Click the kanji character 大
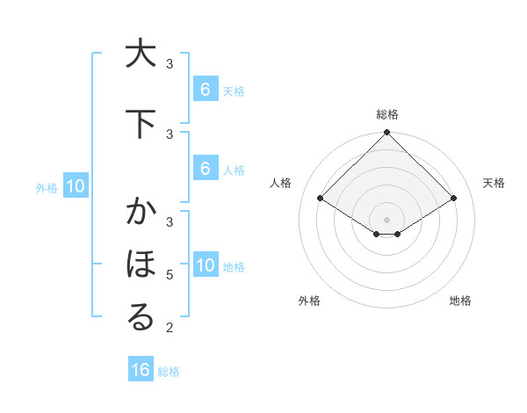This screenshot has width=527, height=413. [140, 54]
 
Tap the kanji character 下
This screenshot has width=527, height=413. [140, 124]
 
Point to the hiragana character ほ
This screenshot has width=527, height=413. [140, 264]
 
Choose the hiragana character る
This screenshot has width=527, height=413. [140, 317]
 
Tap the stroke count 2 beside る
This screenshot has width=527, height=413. [170, 329]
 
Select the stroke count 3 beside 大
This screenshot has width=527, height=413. [170, 64]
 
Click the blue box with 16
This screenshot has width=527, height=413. [141, 370]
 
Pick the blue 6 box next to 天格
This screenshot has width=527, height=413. [206, 90]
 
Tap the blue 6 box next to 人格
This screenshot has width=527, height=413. [206, 169]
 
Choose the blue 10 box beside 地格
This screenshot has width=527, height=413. [206, 265]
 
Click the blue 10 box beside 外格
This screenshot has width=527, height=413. [76, 186]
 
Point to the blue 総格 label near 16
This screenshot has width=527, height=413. [169, 372]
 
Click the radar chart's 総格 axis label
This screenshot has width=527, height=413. [386, 114]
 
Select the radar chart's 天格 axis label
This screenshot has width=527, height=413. [495, 183]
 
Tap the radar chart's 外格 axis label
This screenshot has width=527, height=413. [309, 301]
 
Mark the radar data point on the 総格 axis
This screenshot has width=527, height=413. [386, 133]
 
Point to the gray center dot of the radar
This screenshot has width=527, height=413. [386, 219]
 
